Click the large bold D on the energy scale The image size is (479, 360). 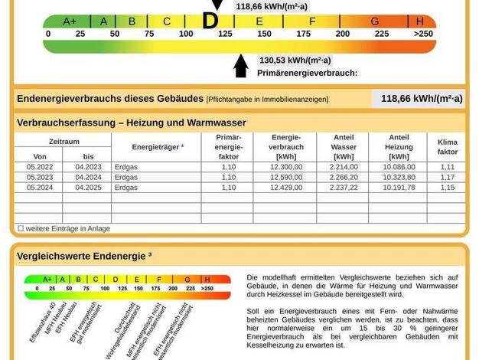(210, 21)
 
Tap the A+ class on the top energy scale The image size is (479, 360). (70, 21)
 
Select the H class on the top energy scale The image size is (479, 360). (420, 21)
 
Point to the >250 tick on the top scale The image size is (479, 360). (422, 34)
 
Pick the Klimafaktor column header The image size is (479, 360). (447, 146)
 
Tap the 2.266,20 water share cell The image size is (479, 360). (344, 177)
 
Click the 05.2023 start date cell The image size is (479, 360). (40, 177)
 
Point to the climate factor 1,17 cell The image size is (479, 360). (447, 177)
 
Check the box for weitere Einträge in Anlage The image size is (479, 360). (21, 228)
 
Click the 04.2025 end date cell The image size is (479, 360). (88, 187)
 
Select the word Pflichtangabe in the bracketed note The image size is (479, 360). (232, 100)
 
